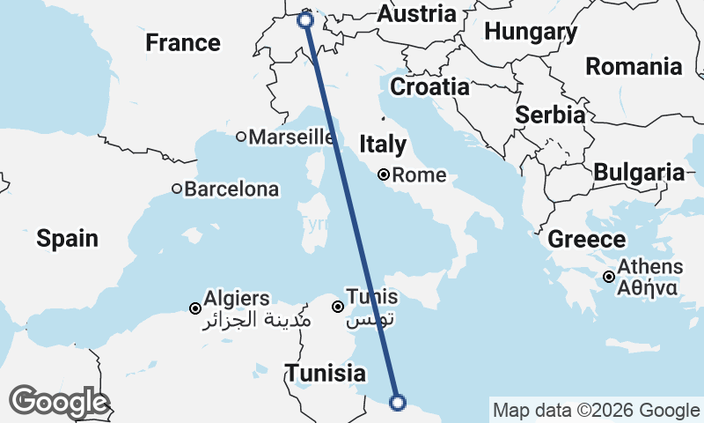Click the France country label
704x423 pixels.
(x=183, y=42)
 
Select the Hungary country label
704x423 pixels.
(x=531, y=33)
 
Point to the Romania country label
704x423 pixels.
(x=634, y=66)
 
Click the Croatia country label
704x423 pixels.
(x=429, y=87)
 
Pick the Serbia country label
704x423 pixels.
(x=551, y=115)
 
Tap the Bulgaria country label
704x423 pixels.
(x=639, y=173)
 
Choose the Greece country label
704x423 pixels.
(x=587, y=240)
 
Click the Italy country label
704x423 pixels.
(x=383, y=145)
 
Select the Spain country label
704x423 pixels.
(x=67, y=238)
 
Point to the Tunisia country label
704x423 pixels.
(x=325, y=373)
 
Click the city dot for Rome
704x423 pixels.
(x=384, y=174)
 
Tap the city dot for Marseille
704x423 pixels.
(x=241, y=137)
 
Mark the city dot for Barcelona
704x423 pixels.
(x=177, y=189)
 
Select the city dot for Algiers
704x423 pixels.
(x=195, y=308)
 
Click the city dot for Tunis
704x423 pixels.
(x=338, y=307)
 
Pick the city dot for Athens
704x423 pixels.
(x=609, y=278)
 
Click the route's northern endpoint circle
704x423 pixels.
(x=306, y=20)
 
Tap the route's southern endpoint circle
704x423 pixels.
(x=398, y=403)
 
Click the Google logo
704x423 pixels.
(x=58, y=402)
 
